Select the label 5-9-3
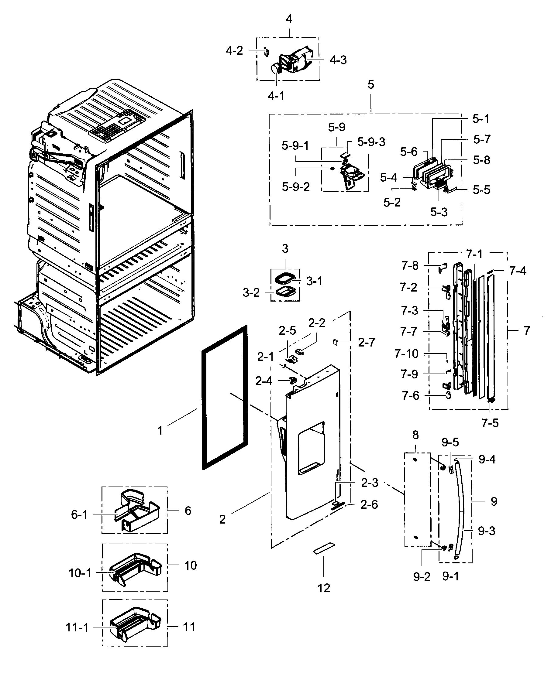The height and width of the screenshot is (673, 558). pyautogui.click(x=371, y=142)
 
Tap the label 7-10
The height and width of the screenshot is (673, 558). pyautogui.click(x=406, y=354)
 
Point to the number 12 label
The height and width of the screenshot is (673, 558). pyautogui.click(x=324, y=588)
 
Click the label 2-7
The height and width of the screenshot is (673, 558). pyautogui.click(x=366, y=342)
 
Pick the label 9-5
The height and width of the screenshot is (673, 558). pyautogui.click(x=450, y=442)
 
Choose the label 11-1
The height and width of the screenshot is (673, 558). pyautogui.click(x=77, y=627)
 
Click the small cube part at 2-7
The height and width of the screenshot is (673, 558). pyautogui.click(x=335, y=342)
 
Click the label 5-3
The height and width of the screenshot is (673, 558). pyautogui.click(x=439, y=212)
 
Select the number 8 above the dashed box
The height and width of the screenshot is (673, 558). pyautogui.click(x=415, y=435)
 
